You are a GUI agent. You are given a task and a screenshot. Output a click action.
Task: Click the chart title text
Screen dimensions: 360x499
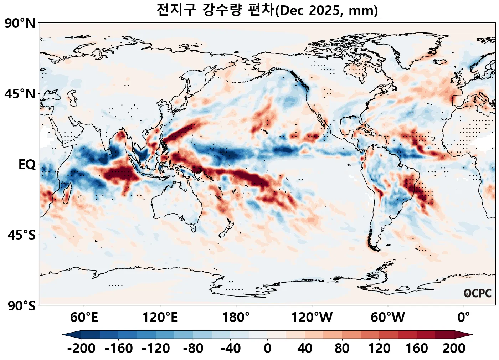[x=267, y=10]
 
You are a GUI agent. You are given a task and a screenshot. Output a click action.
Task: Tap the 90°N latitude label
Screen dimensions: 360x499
[x=20, y=24]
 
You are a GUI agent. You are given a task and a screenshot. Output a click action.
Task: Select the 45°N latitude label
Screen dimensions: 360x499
[x=20, y=94]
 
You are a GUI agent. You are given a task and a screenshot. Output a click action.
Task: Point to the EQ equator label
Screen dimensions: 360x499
[x=27, y=165]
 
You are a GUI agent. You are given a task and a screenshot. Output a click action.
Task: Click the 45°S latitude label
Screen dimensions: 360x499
[x=21, y=235]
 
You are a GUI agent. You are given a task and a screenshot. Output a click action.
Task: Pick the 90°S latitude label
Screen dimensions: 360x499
[x=21, y=305]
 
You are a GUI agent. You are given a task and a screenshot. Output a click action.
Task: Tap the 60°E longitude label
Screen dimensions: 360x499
[x=84, y=317]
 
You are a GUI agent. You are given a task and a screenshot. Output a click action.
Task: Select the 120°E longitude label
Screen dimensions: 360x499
[x=160, y=317]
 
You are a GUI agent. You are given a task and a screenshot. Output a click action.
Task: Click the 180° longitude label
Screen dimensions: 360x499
[x=236, y=317]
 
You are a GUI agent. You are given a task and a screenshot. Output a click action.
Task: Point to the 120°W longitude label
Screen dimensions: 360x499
[x=312, y=317]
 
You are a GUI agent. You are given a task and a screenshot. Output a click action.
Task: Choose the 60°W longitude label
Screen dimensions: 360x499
[x=388, y=317]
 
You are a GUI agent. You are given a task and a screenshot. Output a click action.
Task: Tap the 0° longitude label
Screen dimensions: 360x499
[x=464, y=317]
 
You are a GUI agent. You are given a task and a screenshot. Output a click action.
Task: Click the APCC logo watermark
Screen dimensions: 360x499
[x=478, y=293]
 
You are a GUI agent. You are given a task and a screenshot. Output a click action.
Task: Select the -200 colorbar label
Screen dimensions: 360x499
[x=81, y=348]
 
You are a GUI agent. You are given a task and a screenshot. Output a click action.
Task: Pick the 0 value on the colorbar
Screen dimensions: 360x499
[x=268, y=348]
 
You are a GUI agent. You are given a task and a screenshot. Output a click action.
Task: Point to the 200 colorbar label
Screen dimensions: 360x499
[x=454, y=348]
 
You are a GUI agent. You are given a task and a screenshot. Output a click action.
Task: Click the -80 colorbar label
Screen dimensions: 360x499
[x=193, y=348]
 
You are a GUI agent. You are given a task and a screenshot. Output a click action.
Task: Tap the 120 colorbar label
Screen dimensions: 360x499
[x=380, y=348]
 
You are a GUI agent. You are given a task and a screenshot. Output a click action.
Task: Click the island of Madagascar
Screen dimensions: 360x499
[x=66, y=194]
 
